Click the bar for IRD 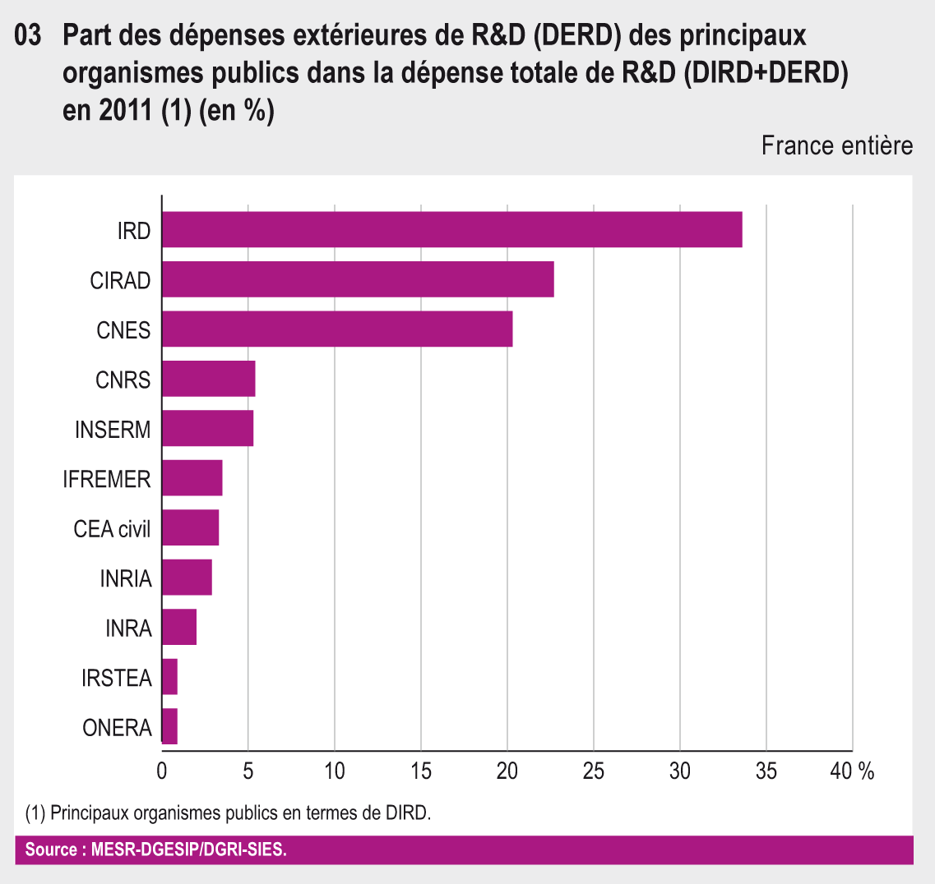[451, 230]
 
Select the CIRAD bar [358, 280]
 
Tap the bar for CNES [337, 329]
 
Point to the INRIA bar [187, 578]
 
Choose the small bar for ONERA [169, 726]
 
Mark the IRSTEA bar [169, 677]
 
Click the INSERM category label [113, 430]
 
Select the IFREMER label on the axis [107, 479]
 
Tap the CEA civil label [112, 529]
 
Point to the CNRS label [123, 380]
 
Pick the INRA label [128, 628]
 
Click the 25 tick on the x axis [594, 771]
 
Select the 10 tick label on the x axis [335, 771]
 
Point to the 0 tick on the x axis [162, 771]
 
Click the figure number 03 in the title [28, 36]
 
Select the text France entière [836, 146]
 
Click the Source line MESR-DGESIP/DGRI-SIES [156, 849]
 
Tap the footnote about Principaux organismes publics [229, 813]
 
